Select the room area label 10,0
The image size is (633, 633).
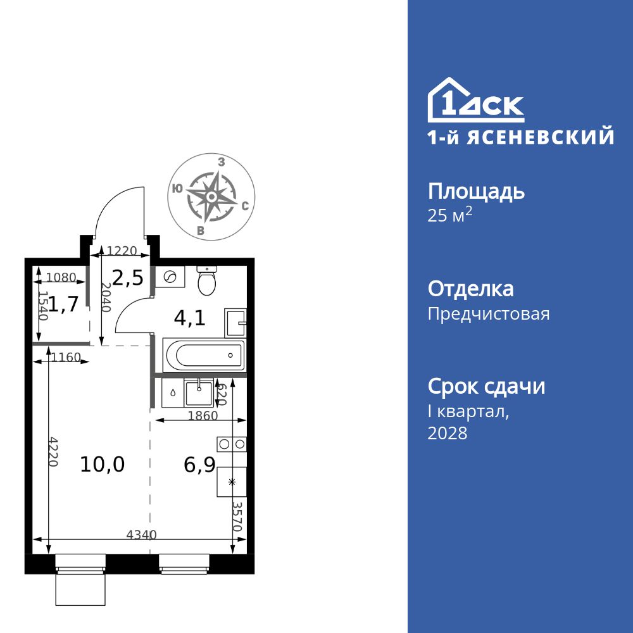point(103,465)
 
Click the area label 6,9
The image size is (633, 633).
point(199,465)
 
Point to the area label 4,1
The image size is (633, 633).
point(190,318)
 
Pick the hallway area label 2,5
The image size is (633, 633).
point(128,278)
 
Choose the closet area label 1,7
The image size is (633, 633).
point(64,305)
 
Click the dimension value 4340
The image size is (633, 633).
point(142,534)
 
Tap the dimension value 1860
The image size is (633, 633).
point(203,416)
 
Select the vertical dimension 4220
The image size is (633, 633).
point(53,451)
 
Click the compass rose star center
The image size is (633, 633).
point(211,196)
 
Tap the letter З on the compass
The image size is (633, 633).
point(221,162)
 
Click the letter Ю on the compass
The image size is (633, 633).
point(178,188)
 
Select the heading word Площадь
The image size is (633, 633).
point(476,192)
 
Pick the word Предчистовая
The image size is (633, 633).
point(489,314)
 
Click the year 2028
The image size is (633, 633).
point(448,434)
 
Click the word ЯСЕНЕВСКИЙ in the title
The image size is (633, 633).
point(541,137)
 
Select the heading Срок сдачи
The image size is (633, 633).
point(486,387)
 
